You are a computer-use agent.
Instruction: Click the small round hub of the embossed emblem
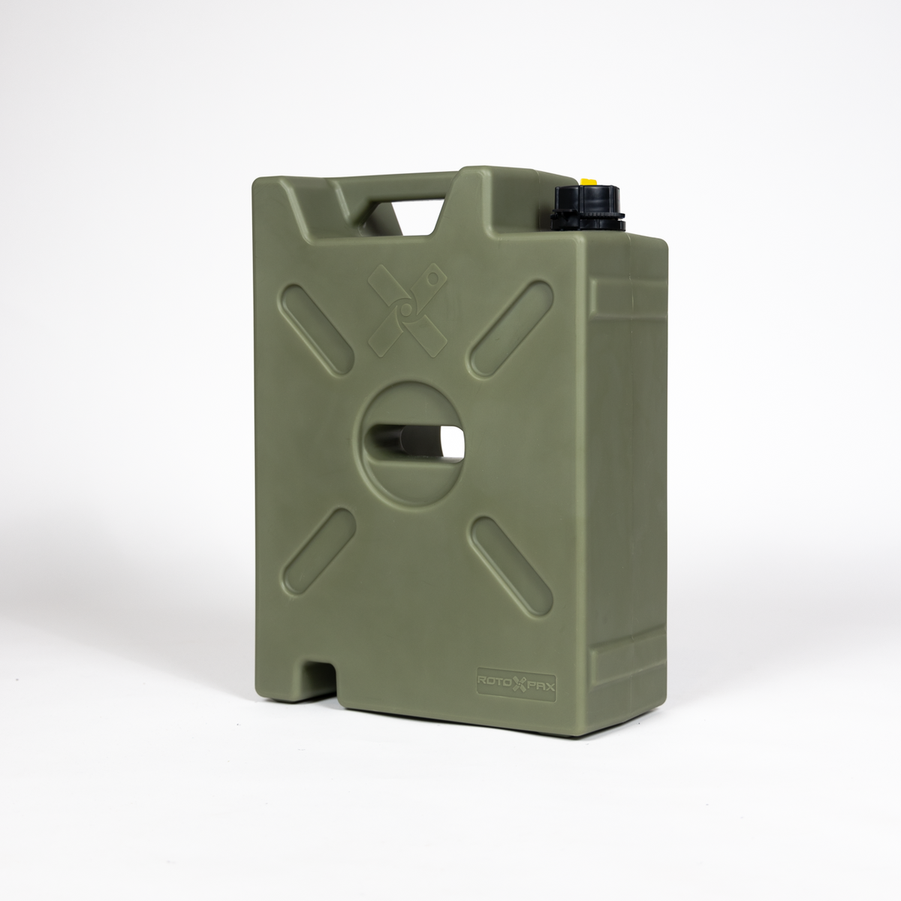(x=406, y=308)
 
